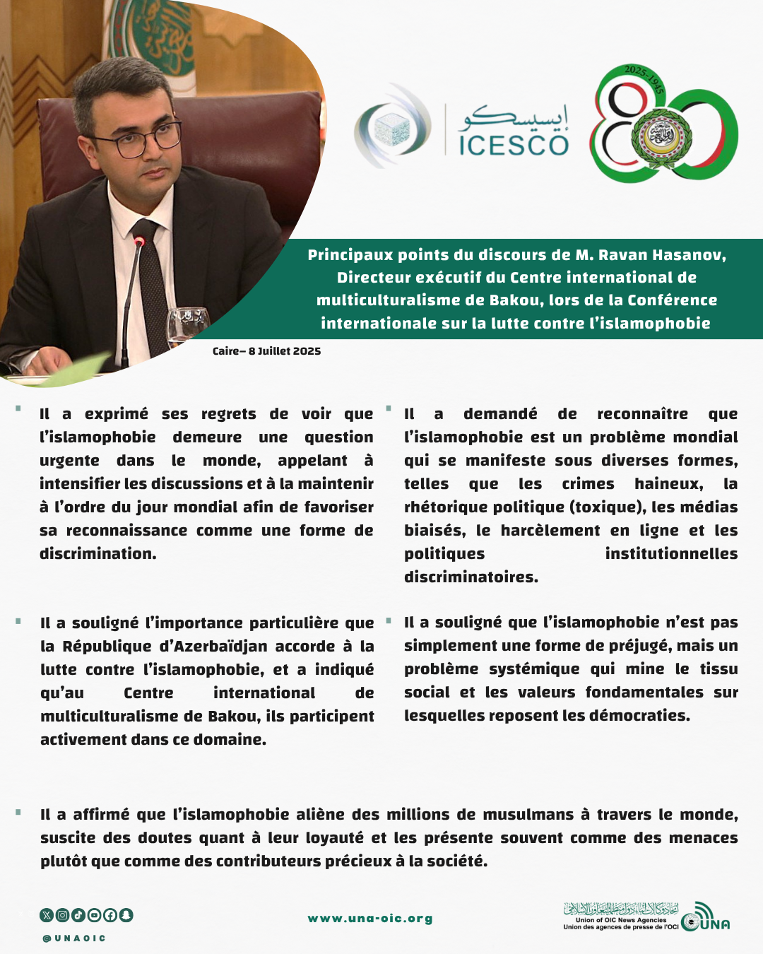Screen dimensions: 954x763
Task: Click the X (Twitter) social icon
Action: [47, 915]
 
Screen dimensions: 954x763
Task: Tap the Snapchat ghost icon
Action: [126, 915]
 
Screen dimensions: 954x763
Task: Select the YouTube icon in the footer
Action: [95, 915]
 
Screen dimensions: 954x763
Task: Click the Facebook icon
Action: [110, 915]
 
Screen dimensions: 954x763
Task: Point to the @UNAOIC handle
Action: [74, 938]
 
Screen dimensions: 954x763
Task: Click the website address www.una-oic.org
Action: [370, 919]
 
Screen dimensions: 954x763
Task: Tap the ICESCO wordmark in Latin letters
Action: [514, 146]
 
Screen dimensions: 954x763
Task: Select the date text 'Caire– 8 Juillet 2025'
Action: [266, 351]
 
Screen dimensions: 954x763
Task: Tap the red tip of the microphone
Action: [140, 242]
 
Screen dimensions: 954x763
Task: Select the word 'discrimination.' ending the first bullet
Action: [98, 554]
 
